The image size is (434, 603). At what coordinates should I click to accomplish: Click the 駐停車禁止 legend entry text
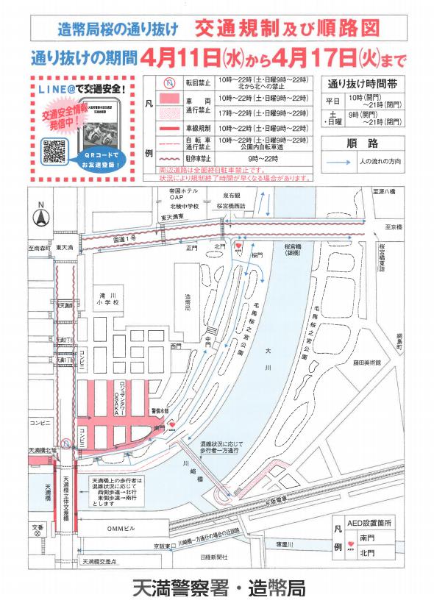tap(181, 157)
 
